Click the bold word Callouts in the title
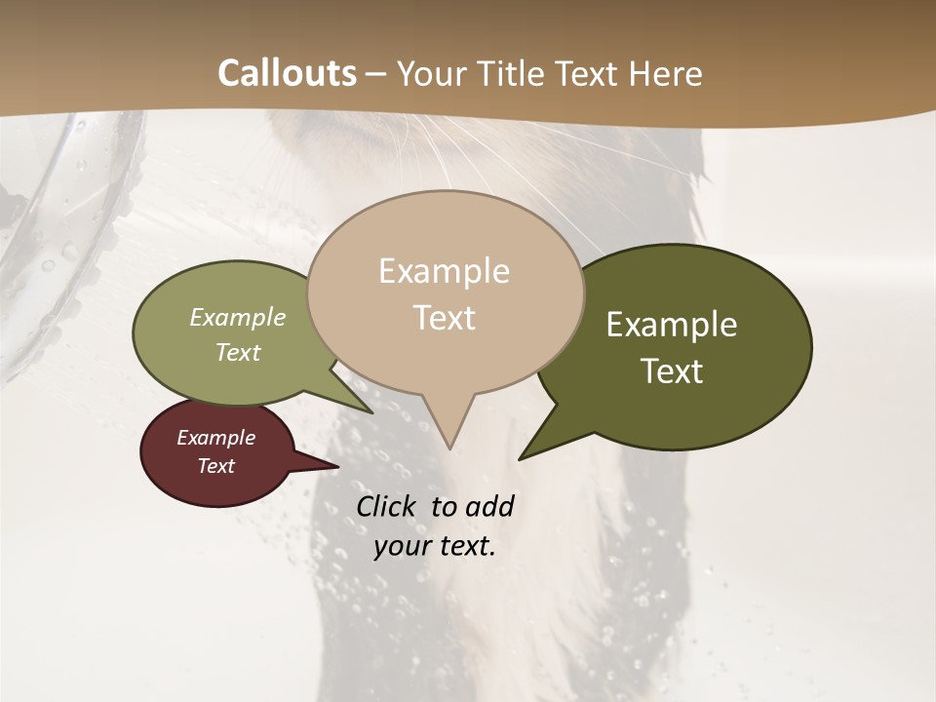click(x=287, y=73)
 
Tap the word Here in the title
click(x=666, y=73)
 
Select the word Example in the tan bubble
click(x=444, y=271)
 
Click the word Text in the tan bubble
click(x=444, y=317)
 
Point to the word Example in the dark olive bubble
click(x=672, y=325)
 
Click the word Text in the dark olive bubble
click(x=673, y=370)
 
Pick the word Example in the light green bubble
click(x=238, y=317)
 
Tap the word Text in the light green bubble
click(x=238, y=352)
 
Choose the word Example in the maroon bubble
click(x=215, y=438)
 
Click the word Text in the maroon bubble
click(x=215, y=466)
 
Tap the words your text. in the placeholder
click(x=435, y=546)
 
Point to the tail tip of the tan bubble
click(x=449, y=448)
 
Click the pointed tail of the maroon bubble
click(x=336, y=467)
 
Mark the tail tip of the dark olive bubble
click(x=521, y=457)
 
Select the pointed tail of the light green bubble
click(x=370, y=411)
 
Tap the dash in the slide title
click(x=377, y=75)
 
